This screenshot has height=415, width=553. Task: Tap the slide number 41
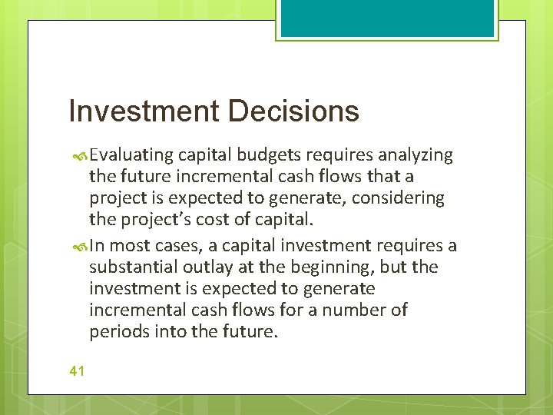click(x=77, y=370)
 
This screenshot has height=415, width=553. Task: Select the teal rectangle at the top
click(x=387, y=18)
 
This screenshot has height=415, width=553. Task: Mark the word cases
click(x=180, y=246)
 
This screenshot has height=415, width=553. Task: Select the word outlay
click(x=210, y=267)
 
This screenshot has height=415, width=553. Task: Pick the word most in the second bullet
click(x=134, y=246)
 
